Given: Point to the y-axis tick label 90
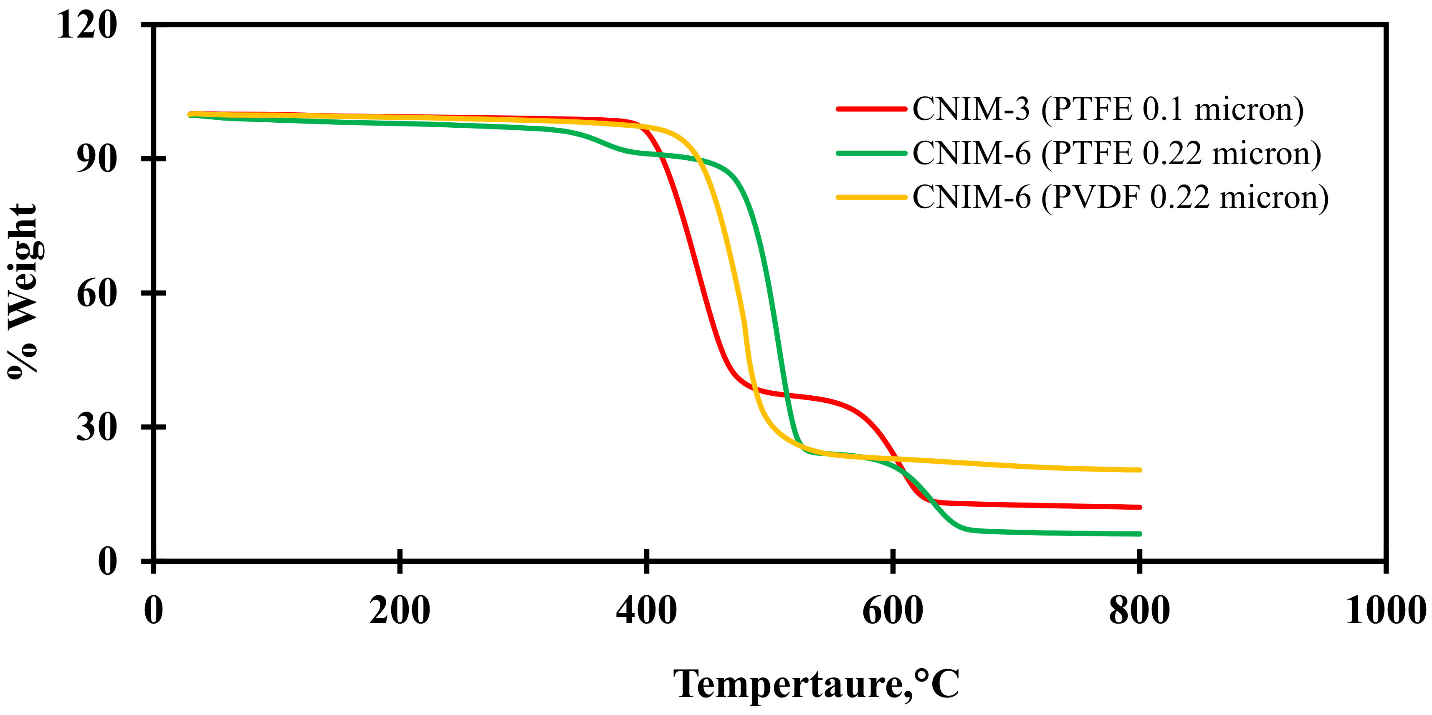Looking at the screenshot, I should [97, 159].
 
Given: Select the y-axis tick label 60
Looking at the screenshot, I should [97, 293].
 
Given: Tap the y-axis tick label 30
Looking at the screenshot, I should [97, 427].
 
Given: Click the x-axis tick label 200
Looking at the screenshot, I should [399, 611].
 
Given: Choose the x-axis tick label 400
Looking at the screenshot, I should [646, 611].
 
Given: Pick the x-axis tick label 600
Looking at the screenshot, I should [892, 611].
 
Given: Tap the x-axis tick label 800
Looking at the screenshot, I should [1139, 611].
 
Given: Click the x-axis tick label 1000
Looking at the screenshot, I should [1385, 611].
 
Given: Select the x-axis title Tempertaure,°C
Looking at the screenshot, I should [816, 684].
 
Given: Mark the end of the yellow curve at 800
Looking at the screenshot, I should [1139, 470].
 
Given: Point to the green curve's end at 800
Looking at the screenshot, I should [1139, 534].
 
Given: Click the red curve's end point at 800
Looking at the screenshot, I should [1139, 507].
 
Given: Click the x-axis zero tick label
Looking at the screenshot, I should [154, 611].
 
